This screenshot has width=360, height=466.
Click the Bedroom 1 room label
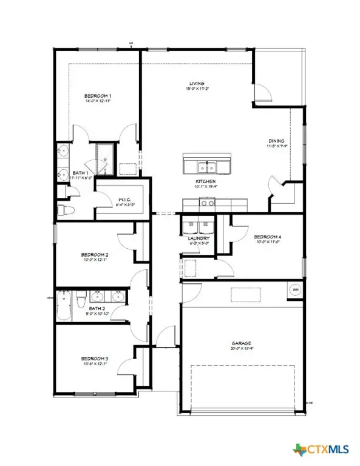[x=97, y=96]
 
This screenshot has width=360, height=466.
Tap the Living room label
[x=195, y=83]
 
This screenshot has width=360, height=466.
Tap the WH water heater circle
[x=296, y=289]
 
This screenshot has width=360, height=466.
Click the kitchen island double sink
[x=206, y=167]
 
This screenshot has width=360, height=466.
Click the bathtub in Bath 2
[x=64, y=305]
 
